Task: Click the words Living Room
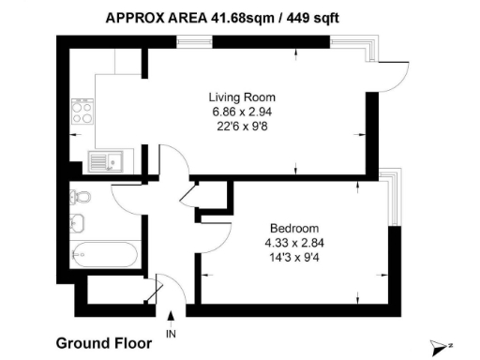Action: click(241, 97)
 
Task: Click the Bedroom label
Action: click(294, 228)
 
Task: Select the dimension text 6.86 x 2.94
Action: click(241, 112)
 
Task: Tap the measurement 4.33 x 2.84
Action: click(294, 243)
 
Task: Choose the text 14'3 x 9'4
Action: click(294, 257)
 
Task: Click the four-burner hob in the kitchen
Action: click(82, 112)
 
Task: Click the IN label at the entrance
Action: click(171, 334)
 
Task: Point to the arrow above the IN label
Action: click(171, 319)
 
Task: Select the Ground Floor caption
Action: click(104, 343)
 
